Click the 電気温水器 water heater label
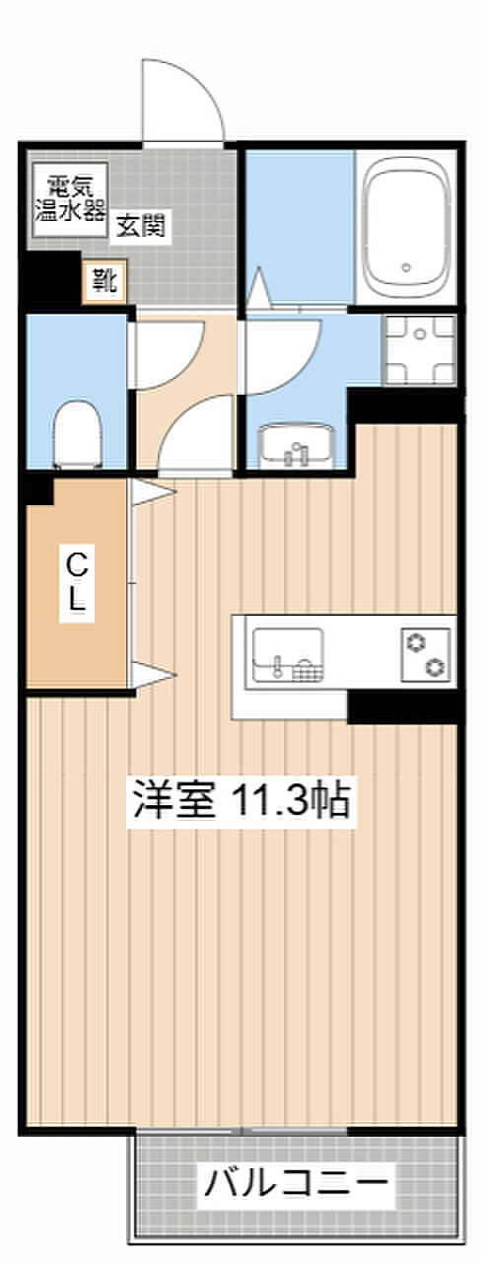[x=70, y=199]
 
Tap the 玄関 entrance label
[x=141, y=226]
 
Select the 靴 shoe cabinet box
[x=104, y=281]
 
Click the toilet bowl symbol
[x=77, y=434]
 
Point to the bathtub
[x=407, y=228]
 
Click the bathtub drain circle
[x=407, y=267]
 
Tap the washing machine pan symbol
[x=419, y=350]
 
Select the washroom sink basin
[x=296, y=447]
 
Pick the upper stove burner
[x=415, y=642]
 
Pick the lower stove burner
[x=436, y=667]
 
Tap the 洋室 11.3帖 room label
[x=241, y=799]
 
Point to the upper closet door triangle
[x=153, y=492]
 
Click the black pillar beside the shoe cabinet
[x=53, y=278]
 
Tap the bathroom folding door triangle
[x=260, y=289]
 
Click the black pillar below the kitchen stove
[x=402, y=706]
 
